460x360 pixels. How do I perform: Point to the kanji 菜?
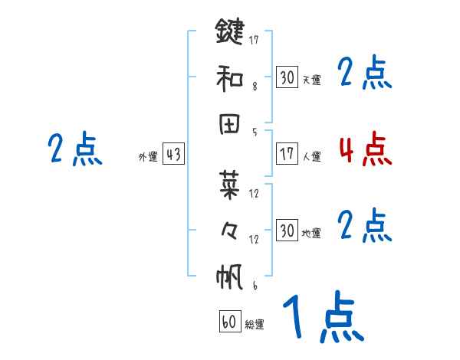point(229,184)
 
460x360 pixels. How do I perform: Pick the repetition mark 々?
point(229,230)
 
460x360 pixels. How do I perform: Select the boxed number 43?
point(173,155)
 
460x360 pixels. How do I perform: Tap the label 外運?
point(147,157)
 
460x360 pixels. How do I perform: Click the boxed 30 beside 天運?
point(287,77)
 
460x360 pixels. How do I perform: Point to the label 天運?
point(311,80)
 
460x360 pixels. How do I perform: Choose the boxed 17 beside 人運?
point(287,154)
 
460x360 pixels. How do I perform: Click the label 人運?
point(311,156)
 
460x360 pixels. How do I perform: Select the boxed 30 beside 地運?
point(287,231)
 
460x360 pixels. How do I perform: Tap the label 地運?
point(311,233)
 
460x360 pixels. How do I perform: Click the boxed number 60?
point(229,322)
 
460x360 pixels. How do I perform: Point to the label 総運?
point(255,325)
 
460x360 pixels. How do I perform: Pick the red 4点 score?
point(365,149)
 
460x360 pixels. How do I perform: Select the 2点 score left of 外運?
point(74,149)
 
